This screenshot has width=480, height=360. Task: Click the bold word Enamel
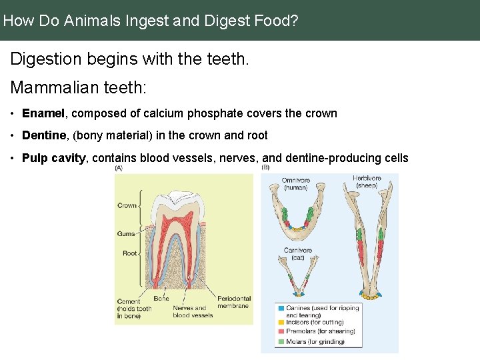pyautogui.click(x=44, y=113)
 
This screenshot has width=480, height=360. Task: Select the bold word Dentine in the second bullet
pyautogui.click(x=45, y=135)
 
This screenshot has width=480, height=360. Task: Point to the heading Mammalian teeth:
pyautogui.click(x=78, y=87)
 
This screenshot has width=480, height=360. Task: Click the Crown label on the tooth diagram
pyautogui.click(x=127, y=205)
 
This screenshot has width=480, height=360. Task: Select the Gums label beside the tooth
pyautogui.click(x=126, y=233)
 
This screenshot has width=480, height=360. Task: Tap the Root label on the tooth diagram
pyautogui.click(x=129, y=253)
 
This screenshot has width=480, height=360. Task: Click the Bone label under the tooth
pyautogui.click(x=161, y=299)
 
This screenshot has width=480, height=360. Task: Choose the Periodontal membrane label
pyautogui.click(x=233, y=302)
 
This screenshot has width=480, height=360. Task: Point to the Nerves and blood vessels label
pyautogui.click(x=192, y=311)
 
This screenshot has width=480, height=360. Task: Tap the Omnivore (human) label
pyautogui.click(x=295, y=184)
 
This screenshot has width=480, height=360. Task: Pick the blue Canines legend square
pyautogui.click(x=280, y=309)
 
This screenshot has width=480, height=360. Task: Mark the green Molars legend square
pyautogui.click(x=280, y=341)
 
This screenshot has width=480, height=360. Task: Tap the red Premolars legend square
pyautogui.click(x=280, y=331)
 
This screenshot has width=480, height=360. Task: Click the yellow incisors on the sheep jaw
pyautogui.click(x=370, y=297)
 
